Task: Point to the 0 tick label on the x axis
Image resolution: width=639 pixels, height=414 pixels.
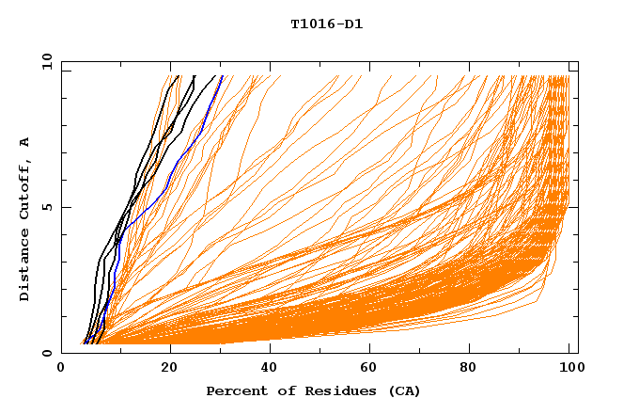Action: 61,370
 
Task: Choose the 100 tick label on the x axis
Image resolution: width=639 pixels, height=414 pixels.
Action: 570,370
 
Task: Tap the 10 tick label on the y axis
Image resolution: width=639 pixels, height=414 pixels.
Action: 45,61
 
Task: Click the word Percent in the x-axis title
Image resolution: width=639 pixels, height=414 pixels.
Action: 234,391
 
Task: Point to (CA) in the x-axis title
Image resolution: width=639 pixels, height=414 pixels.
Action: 404,391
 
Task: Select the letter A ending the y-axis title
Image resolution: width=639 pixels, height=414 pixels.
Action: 25,141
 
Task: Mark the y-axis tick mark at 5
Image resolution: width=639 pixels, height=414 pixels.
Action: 65,207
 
